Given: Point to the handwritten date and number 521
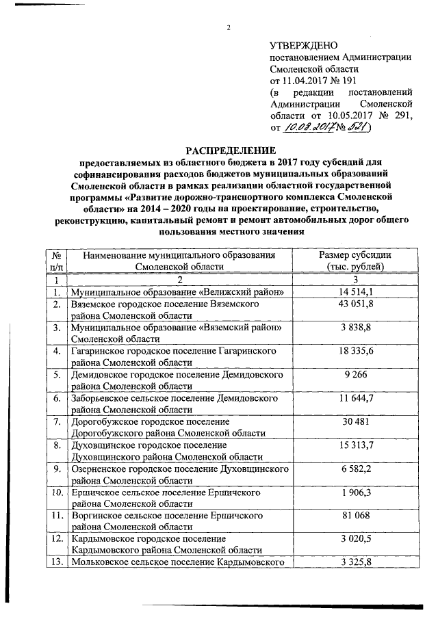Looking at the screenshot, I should click(329, 127).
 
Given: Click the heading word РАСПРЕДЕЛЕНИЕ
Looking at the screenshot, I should click(228, 150).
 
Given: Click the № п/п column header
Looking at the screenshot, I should click(58, 261).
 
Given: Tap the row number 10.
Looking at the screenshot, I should click(58, 492).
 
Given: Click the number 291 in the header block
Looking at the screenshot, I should click(404, 116).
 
